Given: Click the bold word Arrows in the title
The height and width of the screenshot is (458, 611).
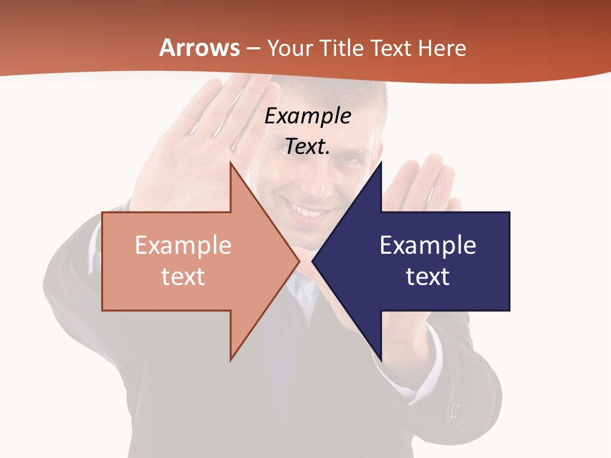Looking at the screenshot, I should pos(200,48).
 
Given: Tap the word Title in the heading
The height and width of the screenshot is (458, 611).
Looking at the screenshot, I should pos(341,48).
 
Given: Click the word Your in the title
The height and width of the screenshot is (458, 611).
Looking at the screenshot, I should pos(290,48).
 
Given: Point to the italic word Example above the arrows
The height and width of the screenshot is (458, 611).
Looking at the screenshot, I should pos(307,116).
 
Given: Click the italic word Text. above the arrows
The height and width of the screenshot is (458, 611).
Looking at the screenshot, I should pos(307,146).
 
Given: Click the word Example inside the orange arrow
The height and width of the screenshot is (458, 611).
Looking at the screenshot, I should pos(183,245).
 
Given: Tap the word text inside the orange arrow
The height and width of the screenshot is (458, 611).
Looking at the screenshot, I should pos(183,276).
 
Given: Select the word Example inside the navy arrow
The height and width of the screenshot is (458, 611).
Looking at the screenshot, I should pos(428,245).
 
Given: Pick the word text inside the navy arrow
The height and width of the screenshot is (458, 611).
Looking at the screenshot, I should pos(428,276).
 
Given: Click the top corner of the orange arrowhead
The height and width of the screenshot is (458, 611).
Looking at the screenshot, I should pos(231,163).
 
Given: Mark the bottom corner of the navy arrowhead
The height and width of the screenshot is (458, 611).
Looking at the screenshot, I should pos(381,359).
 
